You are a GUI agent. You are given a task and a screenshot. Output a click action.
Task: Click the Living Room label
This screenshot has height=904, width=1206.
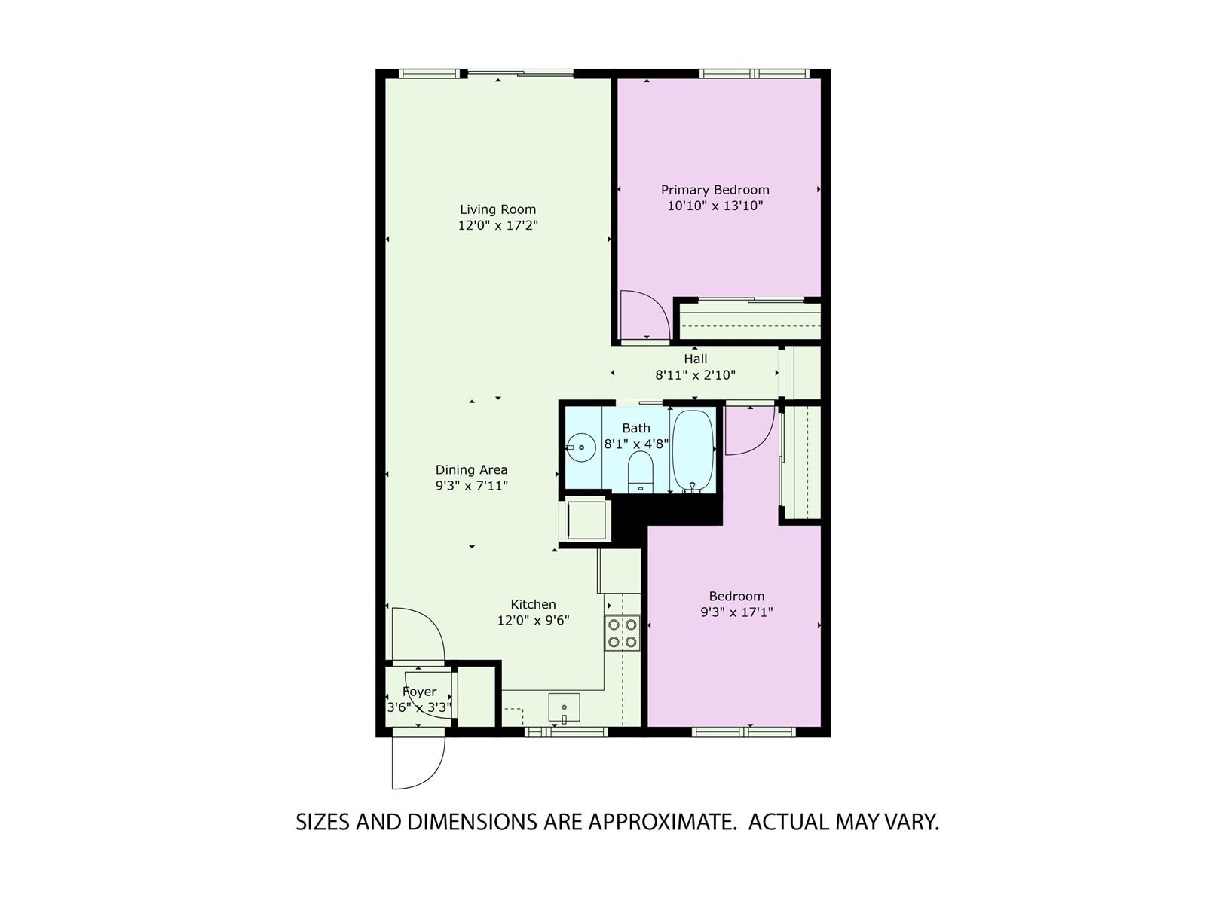click(497, 209)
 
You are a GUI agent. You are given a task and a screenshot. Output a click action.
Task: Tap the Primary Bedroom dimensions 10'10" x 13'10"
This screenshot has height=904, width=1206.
click(715, 206)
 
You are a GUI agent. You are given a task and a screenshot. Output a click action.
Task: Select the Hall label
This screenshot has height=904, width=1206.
click(695, 359)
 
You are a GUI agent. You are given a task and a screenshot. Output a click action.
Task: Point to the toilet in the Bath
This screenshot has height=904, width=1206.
click(639, 472)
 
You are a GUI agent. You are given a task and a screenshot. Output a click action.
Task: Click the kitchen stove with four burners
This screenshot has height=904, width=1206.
click(622, 633)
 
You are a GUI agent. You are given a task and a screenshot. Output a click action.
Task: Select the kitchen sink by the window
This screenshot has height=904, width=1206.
click(564, 707)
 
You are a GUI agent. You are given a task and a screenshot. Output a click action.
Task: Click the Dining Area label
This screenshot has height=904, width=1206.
click(471, 470)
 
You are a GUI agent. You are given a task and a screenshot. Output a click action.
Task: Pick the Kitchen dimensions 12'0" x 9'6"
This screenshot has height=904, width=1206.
click(533, 620)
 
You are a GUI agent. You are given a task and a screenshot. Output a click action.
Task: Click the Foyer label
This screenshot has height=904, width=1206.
click(419, 692)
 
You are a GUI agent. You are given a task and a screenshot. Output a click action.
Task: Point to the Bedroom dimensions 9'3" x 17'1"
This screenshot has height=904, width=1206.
click(736, 612)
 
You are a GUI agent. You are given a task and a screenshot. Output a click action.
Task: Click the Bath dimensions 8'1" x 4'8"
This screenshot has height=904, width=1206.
click(636, 444)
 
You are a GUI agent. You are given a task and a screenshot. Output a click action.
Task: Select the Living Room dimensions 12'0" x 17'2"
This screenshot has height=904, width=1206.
click(497, 225)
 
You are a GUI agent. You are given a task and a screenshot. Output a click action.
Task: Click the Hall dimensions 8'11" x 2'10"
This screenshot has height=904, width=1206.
click(695, 375)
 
